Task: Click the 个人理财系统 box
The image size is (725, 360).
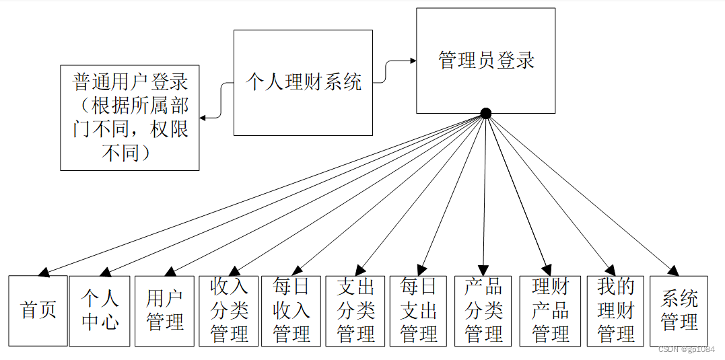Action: click(x=303, y=82)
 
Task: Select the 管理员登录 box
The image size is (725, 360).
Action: click(x=485, y=61)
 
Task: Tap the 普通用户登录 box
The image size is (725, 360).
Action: click(x=129, y=118)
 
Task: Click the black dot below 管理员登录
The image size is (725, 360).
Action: click(x=485, y=113)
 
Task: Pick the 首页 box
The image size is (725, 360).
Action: click(x=38, y=311)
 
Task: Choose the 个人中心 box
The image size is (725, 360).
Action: click(x=100, y=311)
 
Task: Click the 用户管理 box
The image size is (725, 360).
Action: click(x=164, y=311)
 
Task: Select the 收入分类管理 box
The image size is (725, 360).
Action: click(x=229, y=311)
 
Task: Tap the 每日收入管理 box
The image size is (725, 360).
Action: click(x=291, y=311)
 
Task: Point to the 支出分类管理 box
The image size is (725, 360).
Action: click(x=355, y=311)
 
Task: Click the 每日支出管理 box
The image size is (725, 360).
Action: click(x=418, y=311)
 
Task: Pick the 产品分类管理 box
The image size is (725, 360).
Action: click(x=483, y=311)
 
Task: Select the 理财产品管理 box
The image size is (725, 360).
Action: click(x=550, y=311)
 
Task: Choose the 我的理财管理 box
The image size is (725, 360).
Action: click(x=615, y=311)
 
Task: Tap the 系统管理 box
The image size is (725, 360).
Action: click(x=679, y=311)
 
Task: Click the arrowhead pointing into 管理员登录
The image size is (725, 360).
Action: click(x=411, y=61)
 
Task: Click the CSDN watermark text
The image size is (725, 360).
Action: click(x=686, y=349)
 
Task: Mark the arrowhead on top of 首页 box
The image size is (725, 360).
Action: click(x=44, y=273)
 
